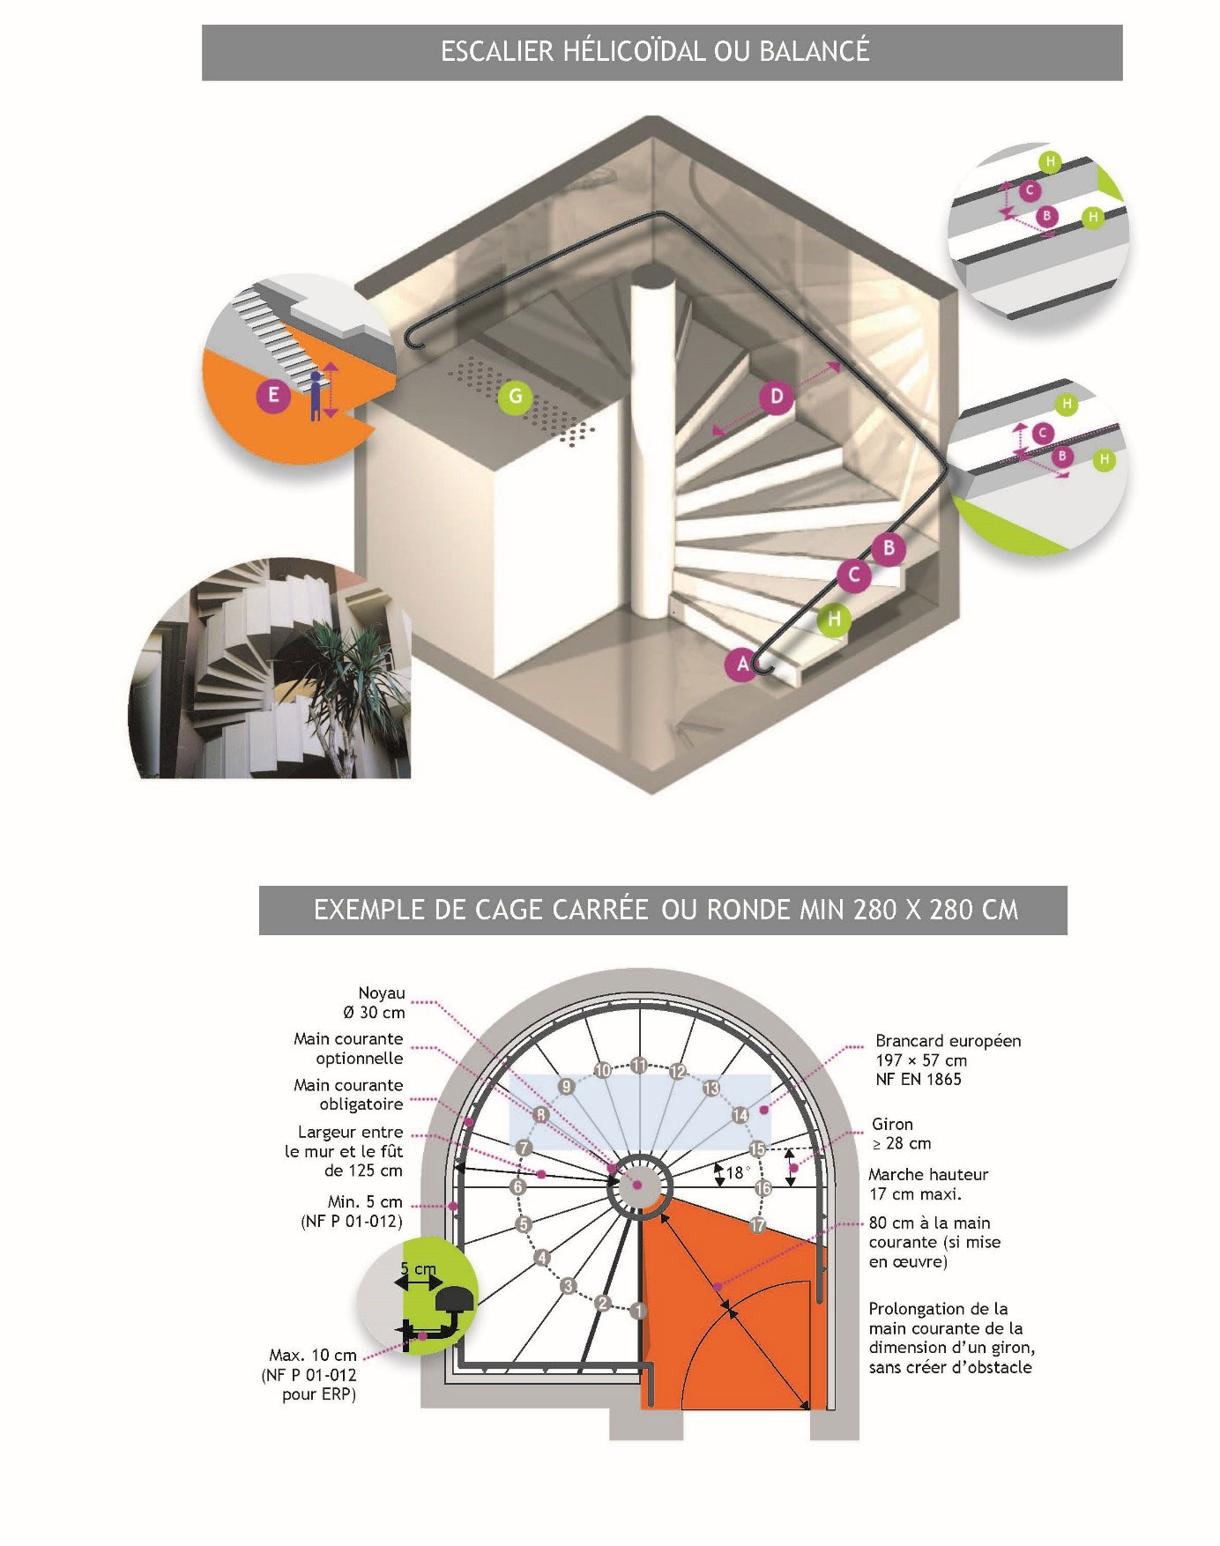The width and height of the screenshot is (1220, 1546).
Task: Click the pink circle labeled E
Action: pyautogui.click(x=273, y=395)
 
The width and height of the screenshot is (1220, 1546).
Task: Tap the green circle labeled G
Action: pyautogui.click(x=515, y=397)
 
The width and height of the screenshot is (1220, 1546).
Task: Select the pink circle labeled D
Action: pyautogui.click(x=777, y=397)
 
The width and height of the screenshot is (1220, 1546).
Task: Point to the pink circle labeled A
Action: pyautogui.click(x=743, y=664)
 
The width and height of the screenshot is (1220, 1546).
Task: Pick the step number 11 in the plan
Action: pyautogui.click(x=639, y=1064)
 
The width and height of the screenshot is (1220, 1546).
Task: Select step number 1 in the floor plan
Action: pyautogui.click(x=638, y=1311)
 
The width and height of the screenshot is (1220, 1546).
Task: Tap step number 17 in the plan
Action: pyautogui.click(x=757, y=1224)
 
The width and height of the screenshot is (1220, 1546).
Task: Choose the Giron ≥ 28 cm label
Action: pyautogui.click(x=901, y=1134)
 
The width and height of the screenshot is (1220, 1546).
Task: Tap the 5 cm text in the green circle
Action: pyautogui.click(x=418, y=1269)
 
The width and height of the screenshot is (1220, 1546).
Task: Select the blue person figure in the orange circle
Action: pyautogui.click(x=316, y=398)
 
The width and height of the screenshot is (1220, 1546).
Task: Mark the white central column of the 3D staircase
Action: pyautogui.click(x=650, y=441)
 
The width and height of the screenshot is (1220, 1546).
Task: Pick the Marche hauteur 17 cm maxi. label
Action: pyautogui.click(x=927, y=1184)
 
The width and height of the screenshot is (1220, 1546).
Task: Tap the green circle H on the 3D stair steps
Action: pyautogui.click(x=833, y=620)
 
